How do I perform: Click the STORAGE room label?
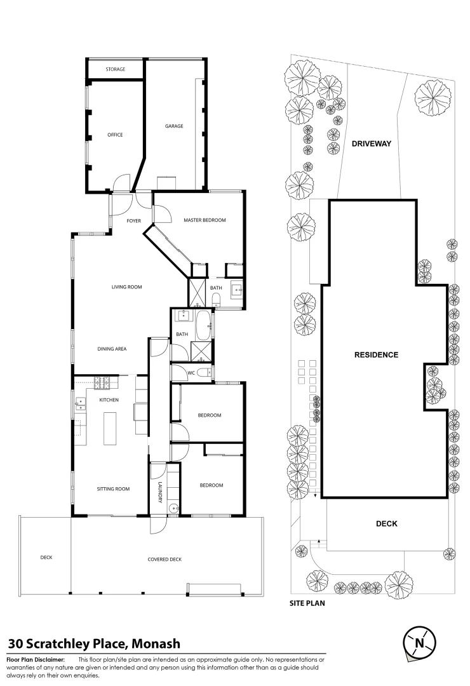coord(115,69)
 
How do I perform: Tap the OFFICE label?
coord(115,135)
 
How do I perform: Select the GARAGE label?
coord(174,126)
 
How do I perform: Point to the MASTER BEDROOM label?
coord(205,220)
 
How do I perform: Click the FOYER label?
coord(134,221)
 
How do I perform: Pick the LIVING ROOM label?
coord(127,287)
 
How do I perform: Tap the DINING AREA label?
coord(112,349)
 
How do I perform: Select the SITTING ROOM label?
coord(113,488)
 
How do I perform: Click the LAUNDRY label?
coord(160,493)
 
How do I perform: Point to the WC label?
coord(191,373)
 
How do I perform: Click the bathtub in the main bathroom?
coord(203,325)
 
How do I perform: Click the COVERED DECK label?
coord(164,559)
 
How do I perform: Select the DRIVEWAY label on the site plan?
coord(372,144)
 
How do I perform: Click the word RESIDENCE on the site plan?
coord(377,355)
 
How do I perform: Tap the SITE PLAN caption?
coord(307,603)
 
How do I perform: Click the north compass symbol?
coord(419,643)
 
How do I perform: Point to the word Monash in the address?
coord(156,644)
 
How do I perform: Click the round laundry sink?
coord(175,508)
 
